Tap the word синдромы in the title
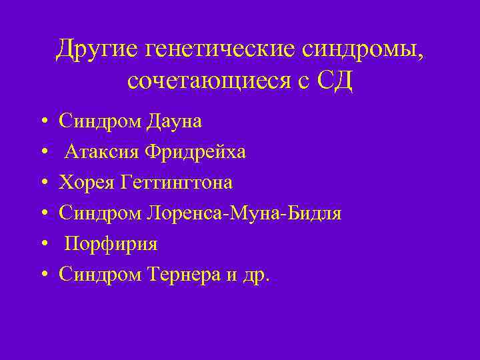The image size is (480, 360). [x=361, y=49]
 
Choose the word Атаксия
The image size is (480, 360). [x=99, y=152]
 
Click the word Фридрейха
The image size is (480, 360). [x=192, y=152]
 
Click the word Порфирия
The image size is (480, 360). [x=111, y=244]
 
